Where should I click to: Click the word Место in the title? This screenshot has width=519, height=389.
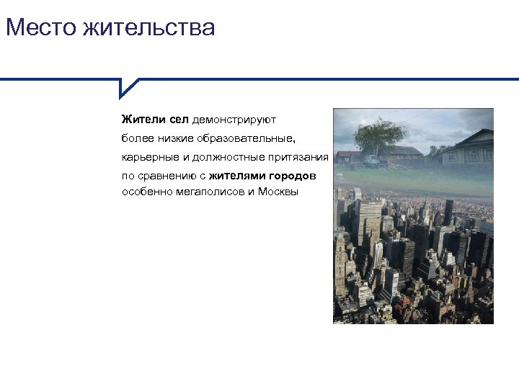pos(40,28)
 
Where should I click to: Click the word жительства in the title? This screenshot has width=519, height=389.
pos(149,28)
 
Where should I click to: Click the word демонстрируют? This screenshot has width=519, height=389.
pos(234,118)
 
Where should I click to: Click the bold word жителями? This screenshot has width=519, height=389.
pos(237,176)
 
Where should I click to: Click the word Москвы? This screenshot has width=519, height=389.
pos(279,192)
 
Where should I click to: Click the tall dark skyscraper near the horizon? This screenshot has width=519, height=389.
pos(448,212)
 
